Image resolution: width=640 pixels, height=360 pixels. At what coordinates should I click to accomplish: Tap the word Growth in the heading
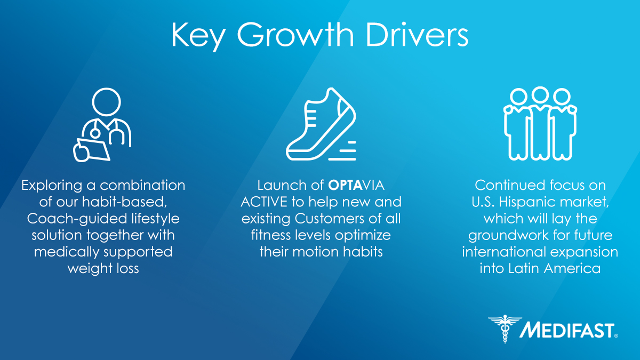295,34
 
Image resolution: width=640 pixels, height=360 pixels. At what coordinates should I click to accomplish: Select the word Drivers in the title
417,34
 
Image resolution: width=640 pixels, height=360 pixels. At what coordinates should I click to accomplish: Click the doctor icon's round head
106,102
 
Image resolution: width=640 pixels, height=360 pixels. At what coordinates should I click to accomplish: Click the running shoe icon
321,124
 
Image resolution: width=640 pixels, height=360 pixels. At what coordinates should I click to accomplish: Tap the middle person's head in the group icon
540,95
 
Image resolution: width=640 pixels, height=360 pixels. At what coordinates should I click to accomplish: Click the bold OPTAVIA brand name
356,185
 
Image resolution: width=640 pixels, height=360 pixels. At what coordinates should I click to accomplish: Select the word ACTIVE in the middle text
264,202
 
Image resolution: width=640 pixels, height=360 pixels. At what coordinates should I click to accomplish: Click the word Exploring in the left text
52,186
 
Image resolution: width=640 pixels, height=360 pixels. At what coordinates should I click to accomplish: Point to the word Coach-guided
77,219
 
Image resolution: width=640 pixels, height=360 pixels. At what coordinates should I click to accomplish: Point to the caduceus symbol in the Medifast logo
505,329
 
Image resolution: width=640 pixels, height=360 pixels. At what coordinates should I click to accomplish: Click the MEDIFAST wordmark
567,331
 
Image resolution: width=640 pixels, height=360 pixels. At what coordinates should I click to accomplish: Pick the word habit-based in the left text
124,202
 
